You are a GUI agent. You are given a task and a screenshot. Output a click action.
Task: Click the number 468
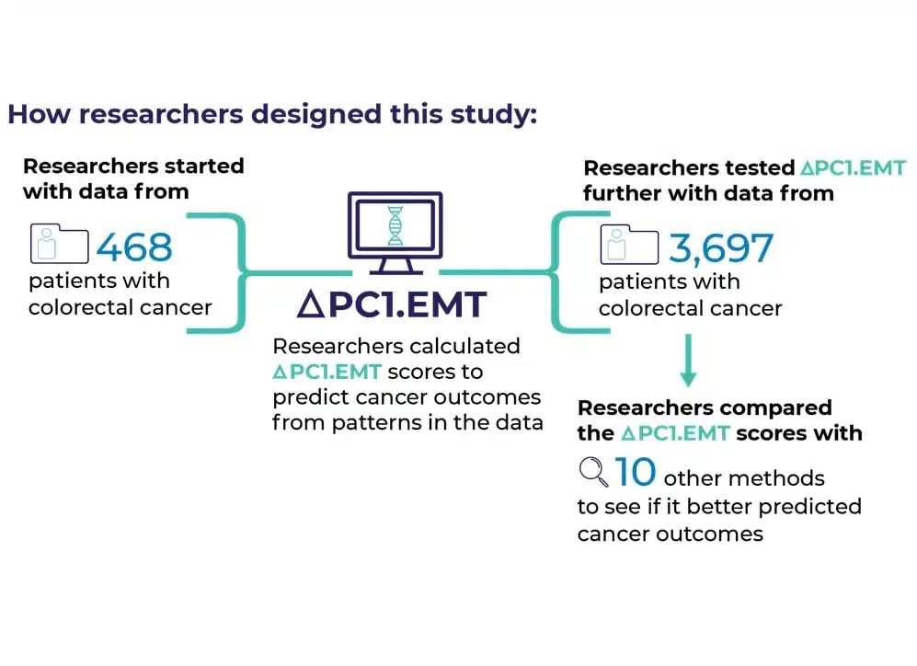[134, 247]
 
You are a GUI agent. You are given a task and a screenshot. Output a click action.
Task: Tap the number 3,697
[721, 248]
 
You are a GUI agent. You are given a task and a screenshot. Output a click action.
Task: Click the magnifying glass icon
[593, 471]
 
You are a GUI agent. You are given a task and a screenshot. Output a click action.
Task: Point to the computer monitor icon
[395, 233]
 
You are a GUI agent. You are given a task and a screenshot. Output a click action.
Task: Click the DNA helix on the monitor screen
[395, 225]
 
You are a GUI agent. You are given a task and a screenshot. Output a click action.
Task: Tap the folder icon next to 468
[59, 243]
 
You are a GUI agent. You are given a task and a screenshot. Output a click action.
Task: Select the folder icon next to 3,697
[629, 245]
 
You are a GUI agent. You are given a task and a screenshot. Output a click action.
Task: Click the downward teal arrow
[688, 361]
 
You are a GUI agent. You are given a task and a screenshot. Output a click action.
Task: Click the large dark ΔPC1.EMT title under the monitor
[392, 304]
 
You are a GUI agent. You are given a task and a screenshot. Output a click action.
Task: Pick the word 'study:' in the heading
[494, 115]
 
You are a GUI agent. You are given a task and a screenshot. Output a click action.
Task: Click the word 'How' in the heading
[39, 114]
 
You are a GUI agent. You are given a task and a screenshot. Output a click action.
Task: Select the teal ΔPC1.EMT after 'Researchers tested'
[854, 168]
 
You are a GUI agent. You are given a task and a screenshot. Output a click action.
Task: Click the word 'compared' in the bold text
[773, 408]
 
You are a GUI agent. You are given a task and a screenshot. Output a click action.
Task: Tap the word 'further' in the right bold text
[623, 193]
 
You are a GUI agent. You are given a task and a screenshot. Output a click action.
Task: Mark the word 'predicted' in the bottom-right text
[810, 507]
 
